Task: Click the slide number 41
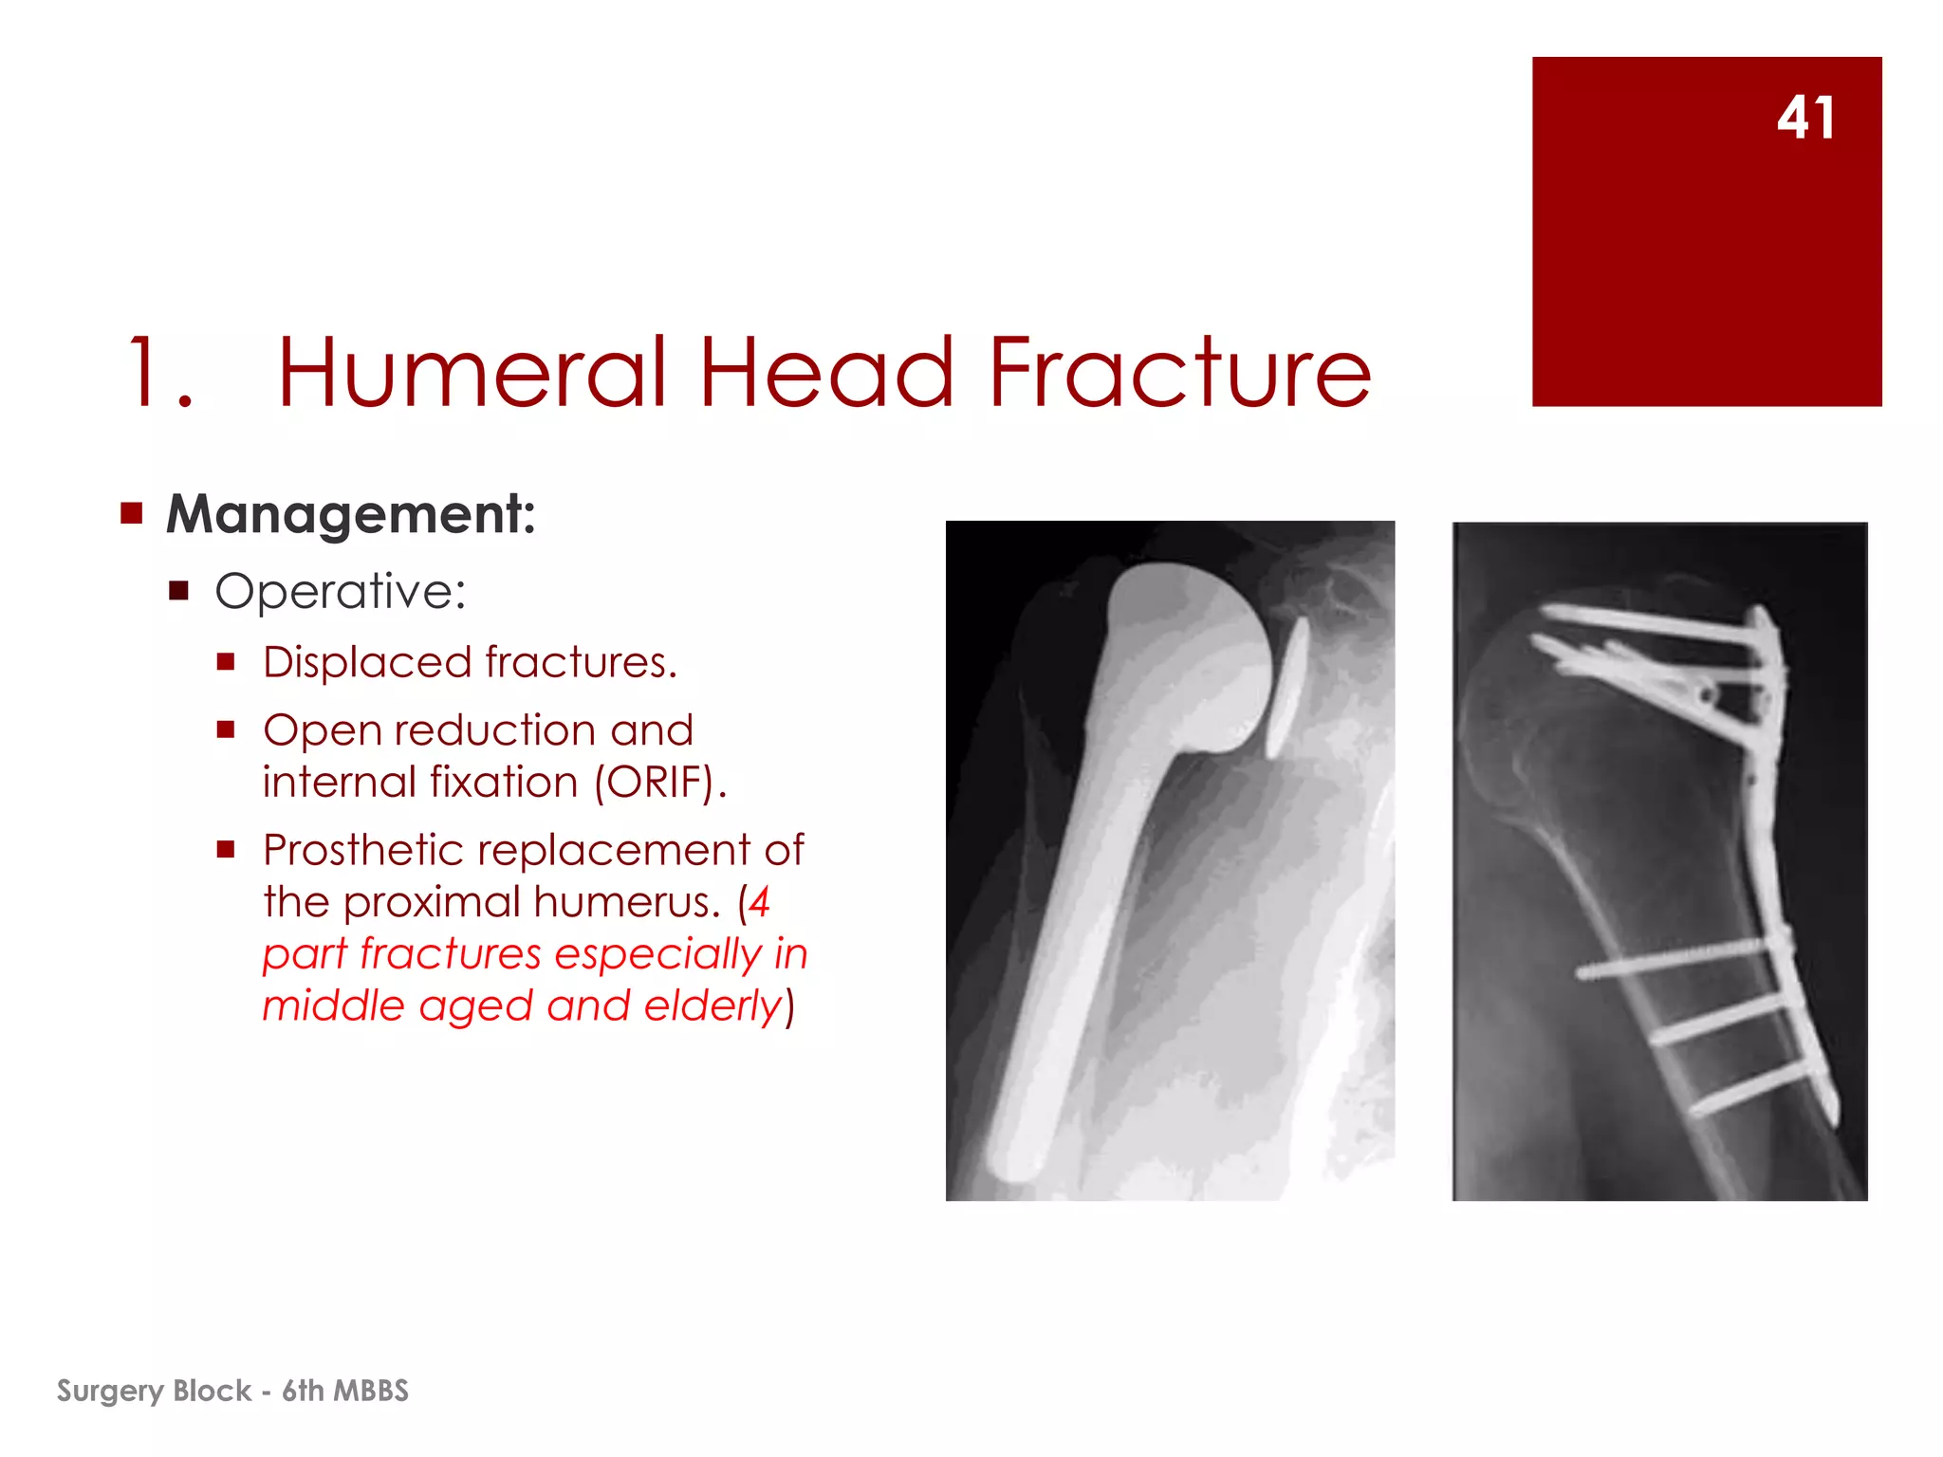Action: (1805, 119)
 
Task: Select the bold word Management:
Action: (351, 515)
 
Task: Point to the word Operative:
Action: (341, 592)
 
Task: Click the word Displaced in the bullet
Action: (367, 662)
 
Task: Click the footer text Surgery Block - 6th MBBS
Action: (232, 1391)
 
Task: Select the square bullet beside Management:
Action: (131, 514)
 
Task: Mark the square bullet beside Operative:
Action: (179, 592)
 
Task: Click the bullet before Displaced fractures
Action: (226, 662)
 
